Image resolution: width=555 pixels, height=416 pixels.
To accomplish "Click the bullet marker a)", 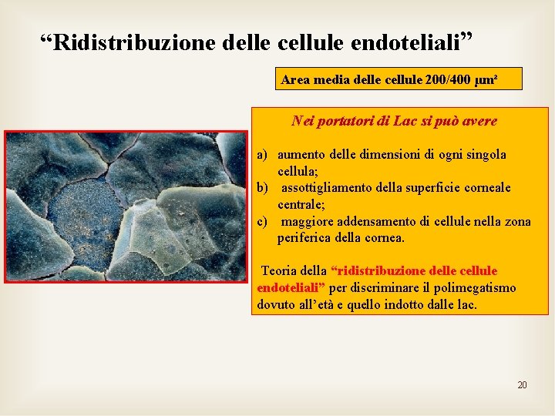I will (263, 155).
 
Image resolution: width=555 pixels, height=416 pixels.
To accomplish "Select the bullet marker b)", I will (263, 188).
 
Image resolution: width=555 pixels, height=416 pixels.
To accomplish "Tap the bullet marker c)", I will (263, 222).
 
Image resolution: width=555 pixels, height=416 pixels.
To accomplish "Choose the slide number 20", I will (522, 384).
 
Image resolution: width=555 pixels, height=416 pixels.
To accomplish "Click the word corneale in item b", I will (484, 188).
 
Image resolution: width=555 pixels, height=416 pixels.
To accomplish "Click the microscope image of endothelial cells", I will (126, 206).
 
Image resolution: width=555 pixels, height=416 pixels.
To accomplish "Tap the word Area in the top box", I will (294, 79).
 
